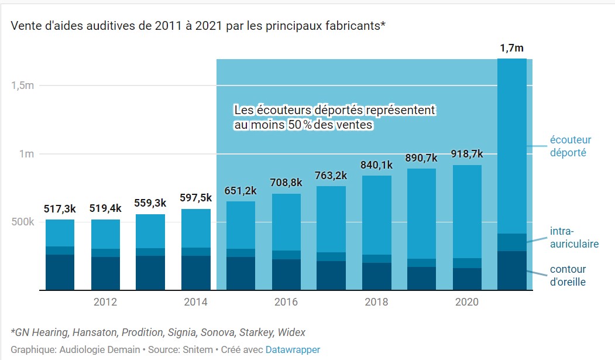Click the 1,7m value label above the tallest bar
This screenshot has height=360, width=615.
coord(511,48)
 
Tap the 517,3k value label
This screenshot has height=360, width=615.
coord(60,209)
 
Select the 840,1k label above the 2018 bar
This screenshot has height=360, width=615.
coord(376,165)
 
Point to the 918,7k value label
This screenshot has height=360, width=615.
coord(466,154)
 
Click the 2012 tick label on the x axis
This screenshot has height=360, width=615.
coord(105,302)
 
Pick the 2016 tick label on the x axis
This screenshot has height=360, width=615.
coord(286,302)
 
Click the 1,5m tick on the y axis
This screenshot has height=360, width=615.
coord(23,85)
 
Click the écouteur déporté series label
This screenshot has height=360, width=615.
coord(570,146)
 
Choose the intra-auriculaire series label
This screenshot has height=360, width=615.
coord(574,238)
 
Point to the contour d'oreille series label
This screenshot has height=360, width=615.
coord(568,276)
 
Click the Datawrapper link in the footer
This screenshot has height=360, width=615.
coord(293,349)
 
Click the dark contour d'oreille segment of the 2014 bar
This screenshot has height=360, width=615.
coord(195,273)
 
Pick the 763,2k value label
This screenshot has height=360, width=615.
coord(331,176)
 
